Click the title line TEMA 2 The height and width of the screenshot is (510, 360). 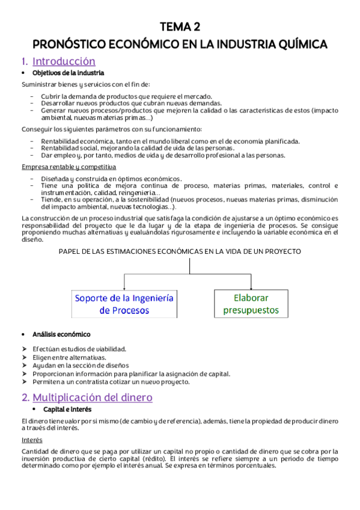(180, 27)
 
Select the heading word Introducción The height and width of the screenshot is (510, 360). (64, 61)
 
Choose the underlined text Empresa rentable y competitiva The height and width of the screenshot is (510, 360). (69, 167)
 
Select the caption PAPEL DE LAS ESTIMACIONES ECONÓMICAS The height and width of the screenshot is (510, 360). (180, 251)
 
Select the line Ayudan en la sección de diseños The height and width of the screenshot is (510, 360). (81, 365)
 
